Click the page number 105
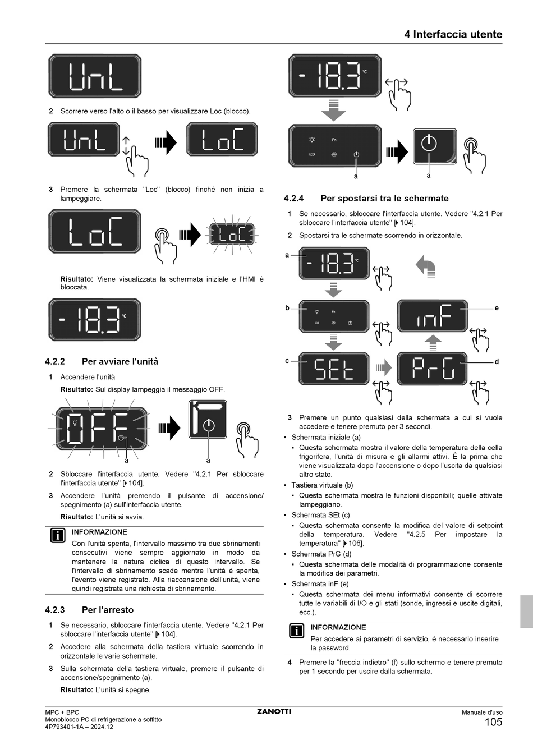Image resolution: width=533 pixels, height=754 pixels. coord(493,723)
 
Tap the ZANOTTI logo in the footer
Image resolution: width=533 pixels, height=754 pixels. coord(274,712)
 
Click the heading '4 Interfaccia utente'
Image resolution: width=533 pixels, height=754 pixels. coord(453,34)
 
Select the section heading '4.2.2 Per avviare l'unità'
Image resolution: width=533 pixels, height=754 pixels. coord(102,361)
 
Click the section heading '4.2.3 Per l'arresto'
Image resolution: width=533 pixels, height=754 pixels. coord(89,610)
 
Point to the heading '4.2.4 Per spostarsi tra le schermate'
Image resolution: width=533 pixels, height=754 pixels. coord(366,198)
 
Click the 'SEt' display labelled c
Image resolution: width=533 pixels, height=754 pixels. coord(334,369)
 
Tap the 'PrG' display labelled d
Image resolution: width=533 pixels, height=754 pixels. coord(432,369)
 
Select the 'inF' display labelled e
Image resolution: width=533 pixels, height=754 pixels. coord(432,316)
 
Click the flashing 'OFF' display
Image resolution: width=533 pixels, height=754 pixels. coord(102,429)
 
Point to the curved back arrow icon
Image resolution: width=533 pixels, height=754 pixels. coord(426,266)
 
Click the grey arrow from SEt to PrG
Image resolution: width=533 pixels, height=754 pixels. coord(383,368)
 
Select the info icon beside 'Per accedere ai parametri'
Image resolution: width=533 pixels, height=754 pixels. coord(296,631)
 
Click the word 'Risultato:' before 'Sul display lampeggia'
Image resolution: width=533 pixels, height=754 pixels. coord(76,389)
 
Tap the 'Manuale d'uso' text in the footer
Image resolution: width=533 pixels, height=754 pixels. coord(482,712)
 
